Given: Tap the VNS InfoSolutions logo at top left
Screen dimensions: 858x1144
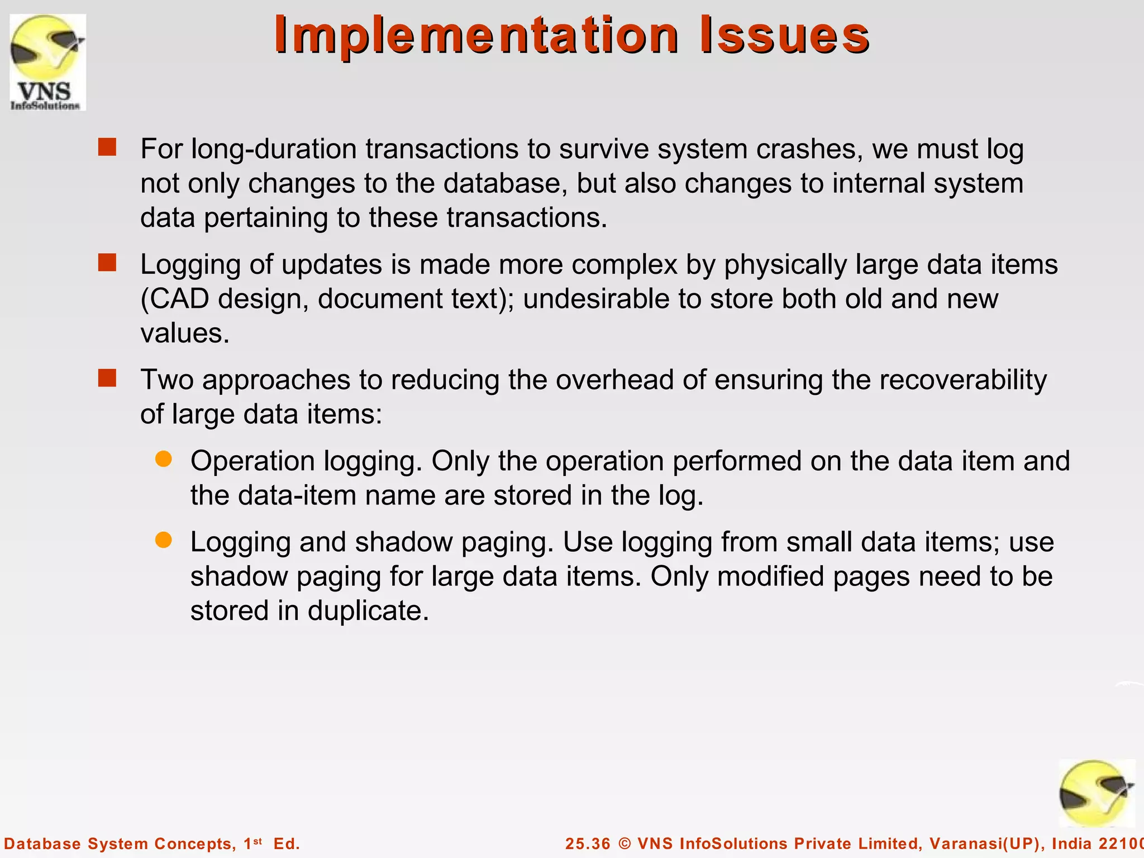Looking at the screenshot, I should pyautogui.click(x=48, y=63).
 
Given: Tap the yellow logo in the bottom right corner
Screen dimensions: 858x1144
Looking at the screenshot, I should pyautogui.click(x=1097, y=794).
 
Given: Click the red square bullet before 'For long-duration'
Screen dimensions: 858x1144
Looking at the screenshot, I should pyautogui.click(x=107, y=147).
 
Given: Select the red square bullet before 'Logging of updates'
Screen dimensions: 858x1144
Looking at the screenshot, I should pyautogui.click(x=107, y=263).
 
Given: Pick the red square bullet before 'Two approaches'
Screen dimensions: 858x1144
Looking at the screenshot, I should pyautogui.click(x=107, y=378).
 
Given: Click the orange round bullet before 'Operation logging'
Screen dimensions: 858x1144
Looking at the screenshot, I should pyautogui.click(x=163, y=459).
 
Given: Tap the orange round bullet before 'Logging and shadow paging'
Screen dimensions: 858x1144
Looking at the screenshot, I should pyautogui.click(x=163, y=540).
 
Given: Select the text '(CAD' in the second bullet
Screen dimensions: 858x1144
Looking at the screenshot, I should pyautogui.click(x=175, y=299).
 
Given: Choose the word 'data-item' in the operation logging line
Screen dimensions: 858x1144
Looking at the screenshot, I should pyautogui.click(x=297, y=495).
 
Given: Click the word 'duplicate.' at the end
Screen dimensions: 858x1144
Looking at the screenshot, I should pyautogui.click(x=368, y=611).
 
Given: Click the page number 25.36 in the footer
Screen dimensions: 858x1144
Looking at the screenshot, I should pyautogui.click(x=588, y=843).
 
